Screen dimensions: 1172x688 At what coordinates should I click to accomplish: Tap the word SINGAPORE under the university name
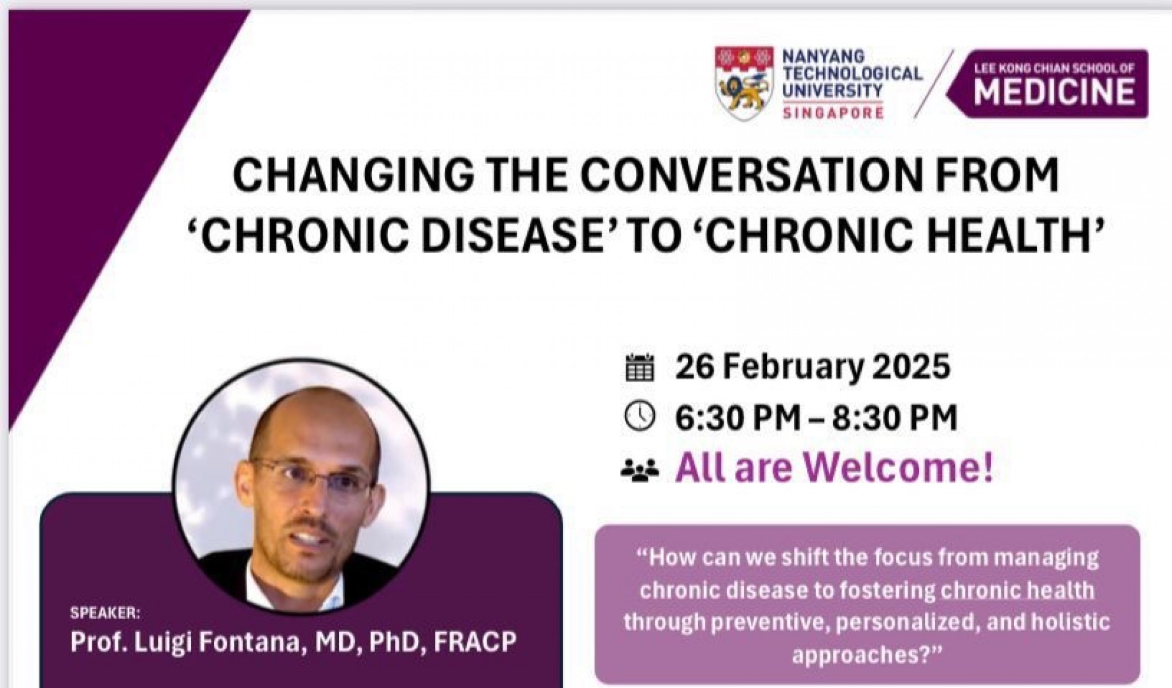833,113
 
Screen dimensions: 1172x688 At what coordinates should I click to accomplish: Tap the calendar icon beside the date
640,367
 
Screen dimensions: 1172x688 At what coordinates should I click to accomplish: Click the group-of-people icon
640,471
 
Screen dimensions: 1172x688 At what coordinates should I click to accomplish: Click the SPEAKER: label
104,613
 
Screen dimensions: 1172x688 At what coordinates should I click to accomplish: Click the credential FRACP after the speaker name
475,641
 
